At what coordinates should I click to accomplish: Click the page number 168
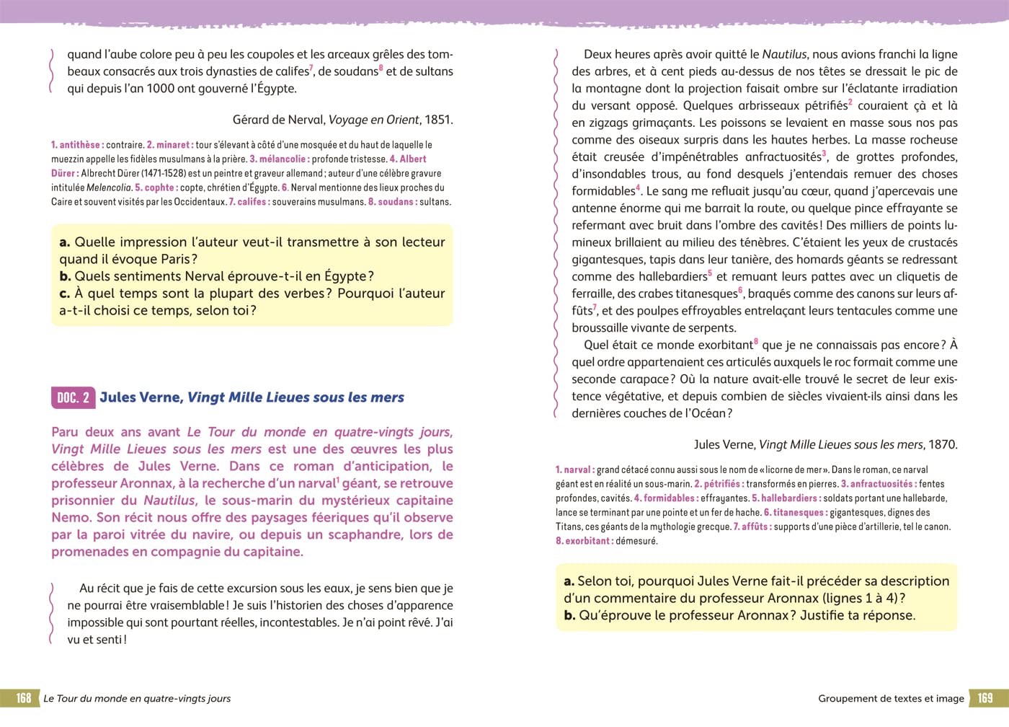(24, 698)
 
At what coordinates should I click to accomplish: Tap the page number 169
(984, 698)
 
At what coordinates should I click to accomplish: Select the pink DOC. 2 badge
(73, 397)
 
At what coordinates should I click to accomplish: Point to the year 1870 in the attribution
(943, 445)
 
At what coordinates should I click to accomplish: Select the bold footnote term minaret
(173, 145)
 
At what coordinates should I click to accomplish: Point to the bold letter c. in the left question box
(65, 294)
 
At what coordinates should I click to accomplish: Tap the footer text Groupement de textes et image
(891, 698)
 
